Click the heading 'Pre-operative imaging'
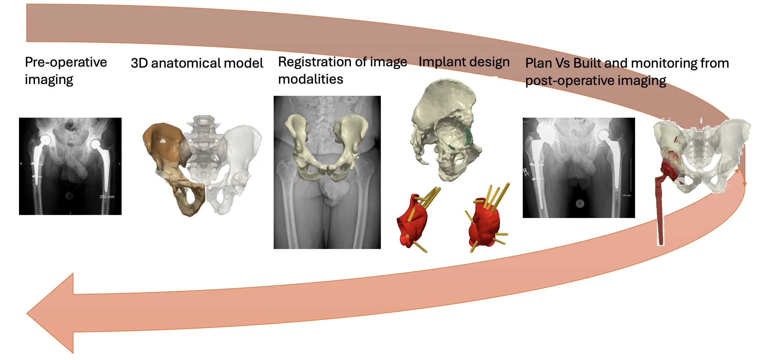[x=66, y=71]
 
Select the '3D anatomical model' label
[x=197, y=63]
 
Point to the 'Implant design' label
[x=464, y=62]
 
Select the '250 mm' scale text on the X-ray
[x=107, y=197]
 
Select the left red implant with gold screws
[x=413, y=222]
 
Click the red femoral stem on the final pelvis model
[x=659, y=213]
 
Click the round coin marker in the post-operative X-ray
[x=580, y=203]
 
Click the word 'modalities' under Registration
[x=311, y=79]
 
